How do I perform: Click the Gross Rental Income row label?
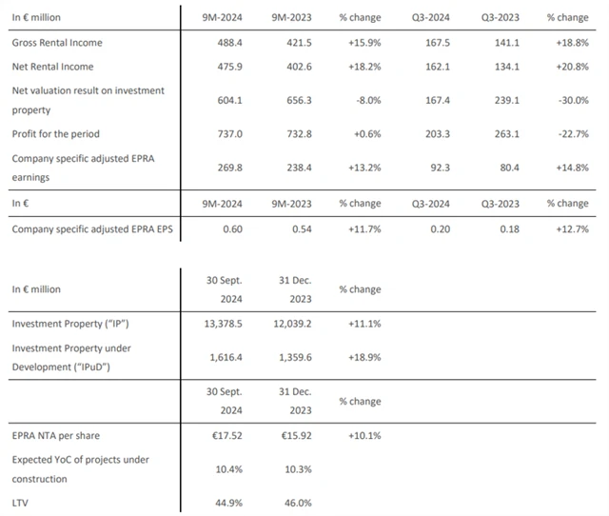click(57, 44)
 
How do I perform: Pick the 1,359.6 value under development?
click(281, 357)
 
